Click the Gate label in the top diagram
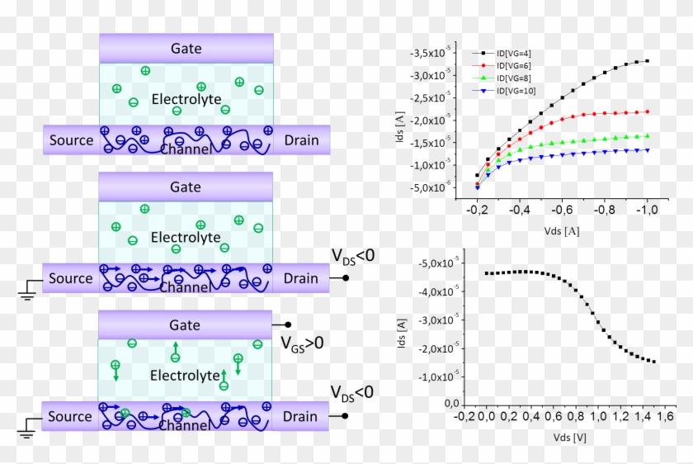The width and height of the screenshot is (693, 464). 186,48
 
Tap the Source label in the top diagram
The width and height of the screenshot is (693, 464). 71,140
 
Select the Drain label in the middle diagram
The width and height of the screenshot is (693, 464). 300,278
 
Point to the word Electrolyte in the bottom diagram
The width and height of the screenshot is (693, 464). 186,376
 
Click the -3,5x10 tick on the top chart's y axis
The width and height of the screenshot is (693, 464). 431,54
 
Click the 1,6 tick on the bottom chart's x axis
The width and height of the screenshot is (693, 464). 665,417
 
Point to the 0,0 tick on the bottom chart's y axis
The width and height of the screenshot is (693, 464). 450,404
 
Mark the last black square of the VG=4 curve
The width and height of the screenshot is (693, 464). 648,61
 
